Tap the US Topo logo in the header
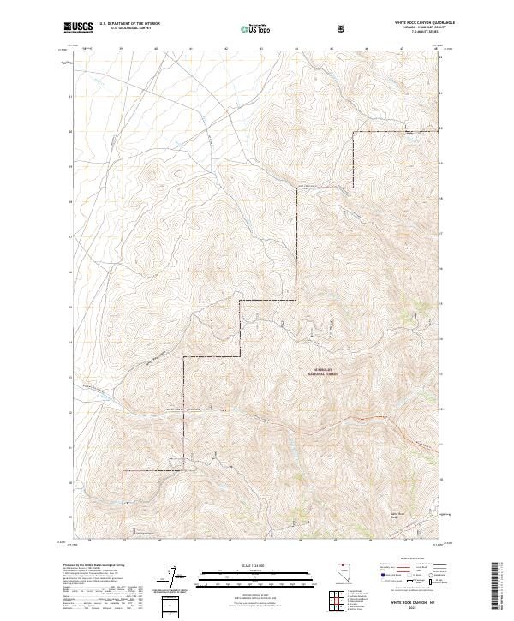coord(257,29)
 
